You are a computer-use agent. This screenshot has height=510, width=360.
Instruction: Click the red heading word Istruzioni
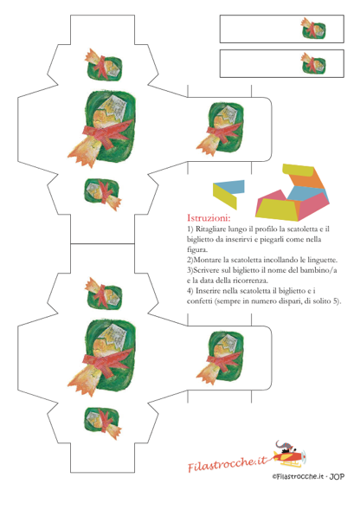click(x=209, y=217)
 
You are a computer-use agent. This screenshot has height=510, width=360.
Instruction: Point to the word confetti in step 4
click(x=200, y=300)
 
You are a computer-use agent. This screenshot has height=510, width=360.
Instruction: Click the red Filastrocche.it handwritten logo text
click(x=228, y=463)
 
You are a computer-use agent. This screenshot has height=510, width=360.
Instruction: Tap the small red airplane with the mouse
click(x=288, y=454)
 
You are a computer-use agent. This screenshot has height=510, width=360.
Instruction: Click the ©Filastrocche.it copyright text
click(x=299, y=476)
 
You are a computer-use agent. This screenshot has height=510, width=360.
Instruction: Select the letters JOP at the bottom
click(x=337, y=476)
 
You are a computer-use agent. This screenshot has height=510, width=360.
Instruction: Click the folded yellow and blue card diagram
click(x=228, y=194)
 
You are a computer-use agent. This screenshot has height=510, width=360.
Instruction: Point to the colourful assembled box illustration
click(x=292, y=192)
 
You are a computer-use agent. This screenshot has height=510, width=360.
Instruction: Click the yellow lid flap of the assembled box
click(x=299, y=170)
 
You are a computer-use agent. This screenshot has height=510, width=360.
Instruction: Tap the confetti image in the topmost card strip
click(x=313, y=28)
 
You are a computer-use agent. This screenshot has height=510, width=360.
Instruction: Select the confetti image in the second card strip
click(x=313, y=62)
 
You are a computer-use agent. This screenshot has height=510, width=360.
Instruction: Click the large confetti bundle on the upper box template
click(x=101, y=128)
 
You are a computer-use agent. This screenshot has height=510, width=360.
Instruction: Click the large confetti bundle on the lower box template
click(x=101, y=357)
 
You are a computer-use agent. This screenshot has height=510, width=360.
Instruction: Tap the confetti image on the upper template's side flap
click(x=220, y=129)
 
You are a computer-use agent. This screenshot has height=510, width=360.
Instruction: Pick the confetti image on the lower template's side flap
click(x=220, y=358)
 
